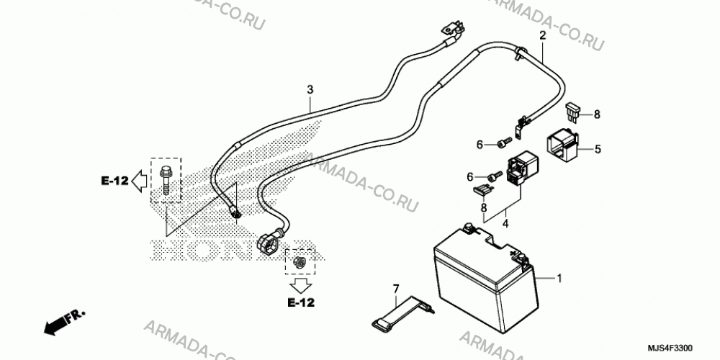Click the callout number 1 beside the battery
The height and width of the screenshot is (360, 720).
tap(559, 278)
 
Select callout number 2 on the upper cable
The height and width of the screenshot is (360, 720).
tap(542, 35)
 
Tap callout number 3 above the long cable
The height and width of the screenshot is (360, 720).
tap(310, 89)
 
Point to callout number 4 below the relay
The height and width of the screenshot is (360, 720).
tap(505, 225)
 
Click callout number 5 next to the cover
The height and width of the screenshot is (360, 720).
tap(598, 149)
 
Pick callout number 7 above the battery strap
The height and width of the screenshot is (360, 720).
tap(396, 289)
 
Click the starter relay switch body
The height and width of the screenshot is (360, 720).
tap(522, 169)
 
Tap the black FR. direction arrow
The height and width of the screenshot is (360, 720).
tap(64, 322)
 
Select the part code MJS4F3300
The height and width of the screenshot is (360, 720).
tap(671, 348)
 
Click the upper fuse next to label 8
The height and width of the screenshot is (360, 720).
tap(573, 111)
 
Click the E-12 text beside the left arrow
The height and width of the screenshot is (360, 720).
tap(114, 181)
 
